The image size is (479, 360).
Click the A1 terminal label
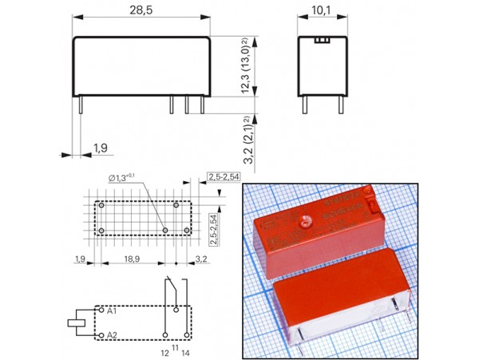pos(113,310)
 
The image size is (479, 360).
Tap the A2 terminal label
pos(113,334)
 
